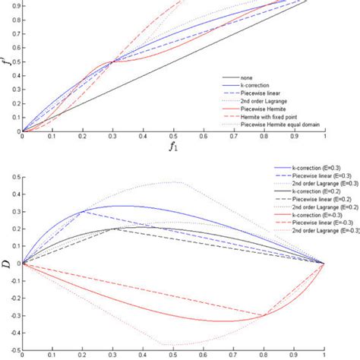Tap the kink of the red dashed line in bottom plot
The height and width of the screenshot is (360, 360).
(264, 315)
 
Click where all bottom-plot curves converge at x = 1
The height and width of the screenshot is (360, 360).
(324, 263)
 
